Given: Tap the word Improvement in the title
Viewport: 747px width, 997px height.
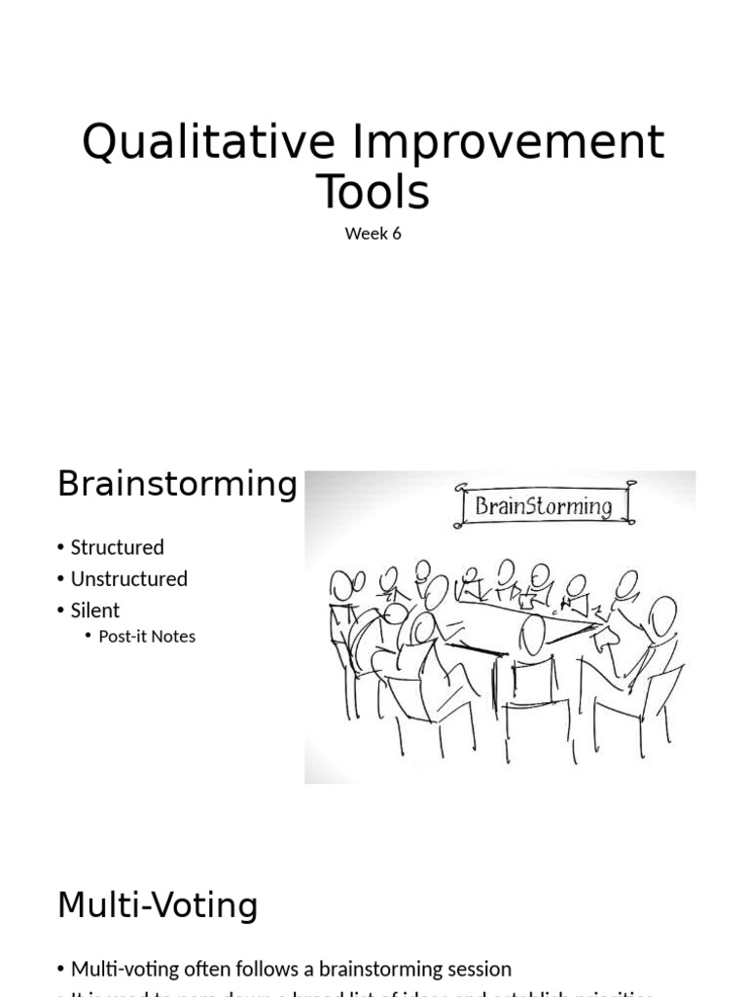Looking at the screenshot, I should pyautogui.click(x=507, y=143).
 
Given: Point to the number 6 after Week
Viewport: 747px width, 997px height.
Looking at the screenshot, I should pyautogui.click(x=396, y=234).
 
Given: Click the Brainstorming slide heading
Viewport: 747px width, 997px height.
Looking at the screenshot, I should pyautogui.click(x=177, y=484).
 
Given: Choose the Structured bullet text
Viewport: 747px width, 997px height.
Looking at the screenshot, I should pyautogui.click(x=117, y=547).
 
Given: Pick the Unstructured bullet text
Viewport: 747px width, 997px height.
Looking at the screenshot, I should pyautogui.click(x=128, y=578).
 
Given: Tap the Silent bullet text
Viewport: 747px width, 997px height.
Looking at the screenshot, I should pyautogui.click(x=94, y=610).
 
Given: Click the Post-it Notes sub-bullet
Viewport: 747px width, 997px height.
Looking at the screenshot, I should pyautogui.click(x=147, y=636).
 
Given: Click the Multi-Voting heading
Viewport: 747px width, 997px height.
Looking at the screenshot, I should pyautogui.click(x=158, y=905).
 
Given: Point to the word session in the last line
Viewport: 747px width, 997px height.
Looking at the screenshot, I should pyautogui.click(x=477, y=969).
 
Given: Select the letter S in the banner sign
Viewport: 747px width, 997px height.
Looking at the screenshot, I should pyautogui.click(x=541, y=506).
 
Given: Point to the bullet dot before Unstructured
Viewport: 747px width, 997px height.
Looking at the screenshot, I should pyautogui.click(x=61, y=579).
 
